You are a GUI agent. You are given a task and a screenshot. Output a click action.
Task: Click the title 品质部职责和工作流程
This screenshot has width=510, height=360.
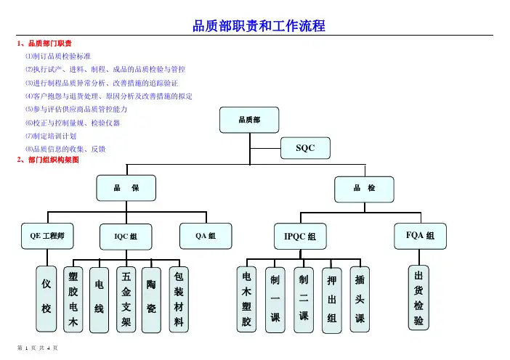tap(258, 27)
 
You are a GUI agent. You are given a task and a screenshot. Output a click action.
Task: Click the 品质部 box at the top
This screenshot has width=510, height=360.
tap(249, 119)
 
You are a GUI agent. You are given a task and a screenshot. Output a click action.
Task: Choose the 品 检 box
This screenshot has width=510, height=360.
tap(365, 188)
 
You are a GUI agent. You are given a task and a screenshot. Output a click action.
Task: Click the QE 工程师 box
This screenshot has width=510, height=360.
tap(47, 235)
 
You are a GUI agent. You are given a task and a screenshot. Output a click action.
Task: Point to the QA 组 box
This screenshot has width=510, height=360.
tap(205, 235)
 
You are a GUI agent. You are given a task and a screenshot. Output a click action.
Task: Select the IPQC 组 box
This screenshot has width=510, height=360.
tap(299, 237)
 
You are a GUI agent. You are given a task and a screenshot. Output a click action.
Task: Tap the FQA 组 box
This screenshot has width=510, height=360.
tap(419, 235)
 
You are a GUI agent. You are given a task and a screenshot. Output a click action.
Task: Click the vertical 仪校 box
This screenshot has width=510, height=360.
tap(47, 297)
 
